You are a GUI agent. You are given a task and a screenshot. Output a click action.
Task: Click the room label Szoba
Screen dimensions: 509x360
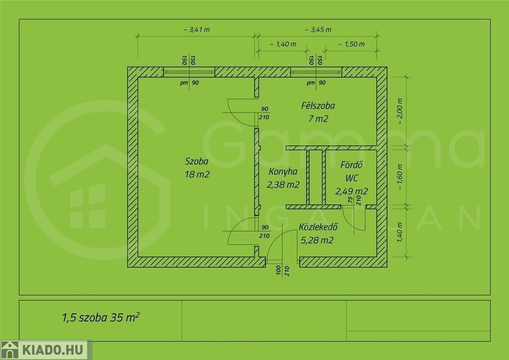point(196,161)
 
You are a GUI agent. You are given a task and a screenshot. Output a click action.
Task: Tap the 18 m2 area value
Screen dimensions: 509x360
point(197,175)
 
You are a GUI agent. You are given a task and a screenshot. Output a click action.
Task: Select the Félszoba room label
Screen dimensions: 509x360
point(318,105)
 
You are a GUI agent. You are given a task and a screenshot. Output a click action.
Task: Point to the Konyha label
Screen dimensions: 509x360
point(283,172)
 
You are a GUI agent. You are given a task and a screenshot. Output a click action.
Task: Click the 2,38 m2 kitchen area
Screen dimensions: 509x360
point(283,184)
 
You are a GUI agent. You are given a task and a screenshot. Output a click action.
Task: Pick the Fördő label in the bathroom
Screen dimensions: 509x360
point(351,165)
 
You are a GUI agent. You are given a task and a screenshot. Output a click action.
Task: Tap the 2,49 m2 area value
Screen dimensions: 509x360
point(351,191)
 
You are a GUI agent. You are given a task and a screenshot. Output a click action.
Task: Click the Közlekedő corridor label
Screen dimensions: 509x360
point(318,227)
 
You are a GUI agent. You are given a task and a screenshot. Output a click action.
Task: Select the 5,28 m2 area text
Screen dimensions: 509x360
point(317,240)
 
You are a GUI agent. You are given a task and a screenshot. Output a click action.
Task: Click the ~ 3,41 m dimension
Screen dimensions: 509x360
point(196,29)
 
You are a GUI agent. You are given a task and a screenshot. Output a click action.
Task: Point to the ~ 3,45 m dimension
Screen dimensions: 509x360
point(318,29)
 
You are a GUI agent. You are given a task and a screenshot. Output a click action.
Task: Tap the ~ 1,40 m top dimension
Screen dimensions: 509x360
point(283,44)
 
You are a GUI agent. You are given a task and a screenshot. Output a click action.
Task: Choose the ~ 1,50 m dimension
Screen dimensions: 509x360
point(351,44)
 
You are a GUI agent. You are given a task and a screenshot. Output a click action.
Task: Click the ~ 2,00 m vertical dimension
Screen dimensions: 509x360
point(400,111)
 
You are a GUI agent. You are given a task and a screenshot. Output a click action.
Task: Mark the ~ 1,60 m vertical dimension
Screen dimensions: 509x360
point(400,177)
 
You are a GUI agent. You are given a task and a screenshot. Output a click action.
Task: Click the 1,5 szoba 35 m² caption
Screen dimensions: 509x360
point(100,317)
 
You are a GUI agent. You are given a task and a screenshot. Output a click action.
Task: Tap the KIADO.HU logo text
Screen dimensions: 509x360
point(53,350)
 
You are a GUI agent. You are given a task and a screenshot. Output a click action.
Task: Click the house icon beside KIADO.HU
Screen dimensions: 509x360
point(10,350)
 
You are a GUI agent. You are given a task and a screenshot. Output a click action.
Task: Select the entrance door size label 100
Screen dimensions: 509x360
point(278,270)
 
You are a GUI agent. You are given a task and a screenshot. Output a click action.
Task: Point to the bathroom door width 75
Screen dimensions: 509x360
point(350,200)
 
